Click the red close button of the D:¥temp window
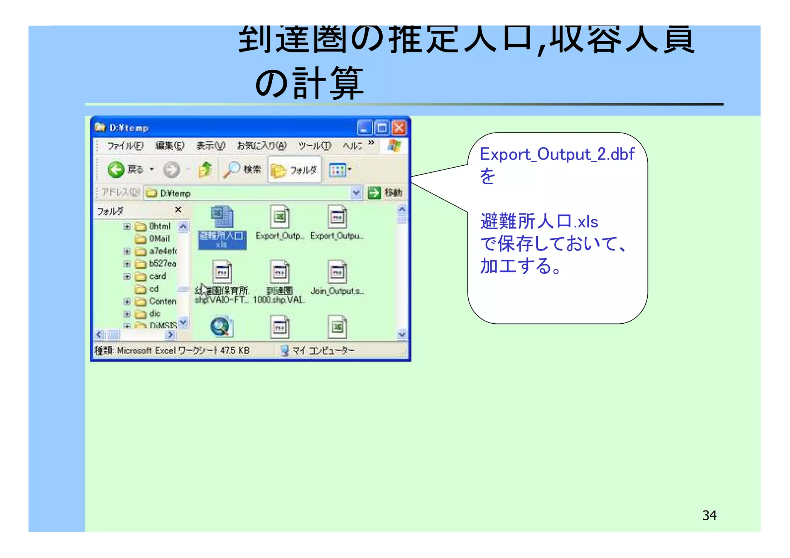[399, 128]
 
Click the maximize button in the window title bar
[382, 128]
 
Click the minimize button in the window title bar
[365, 128]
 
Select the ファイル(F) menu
[125, 146]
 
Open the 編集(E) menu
[170, 146]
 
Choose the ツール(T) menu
[314, 146]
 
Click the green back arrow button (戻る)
[116, 170]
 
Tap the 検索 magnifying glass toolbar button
[233, 170]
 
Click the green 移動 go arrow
[374, 193]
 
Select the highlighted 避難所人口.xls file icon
[222, 217]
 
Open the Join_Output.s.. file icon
[337, 272]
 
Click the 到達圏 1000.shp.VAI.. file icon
[280, 272]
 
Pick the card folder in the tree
[157, 276]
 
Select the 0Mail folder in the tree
[159, 239]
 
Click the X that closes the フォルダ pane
[178, 210]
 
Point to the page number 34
[709, 515]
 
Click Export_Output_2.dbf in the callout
[557, 154]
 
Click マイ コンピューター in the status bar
[323, 350]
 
